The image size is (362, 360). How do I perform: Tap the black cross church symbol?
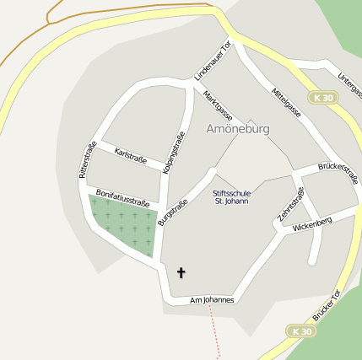click(x=181, y=272)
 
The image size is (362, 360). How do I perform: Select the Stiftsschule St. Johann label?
click(x=230, y=197)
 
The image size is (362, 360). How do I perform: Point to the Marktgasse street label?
click(x=218, y=105)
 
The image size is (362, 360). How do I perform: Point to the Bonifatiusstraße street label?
click(x=123, y=198)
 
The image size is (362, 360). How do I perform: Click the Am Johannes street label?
click(x=212, y=299)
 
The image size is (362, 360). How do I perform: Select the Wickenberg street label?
click(x=312, y=224)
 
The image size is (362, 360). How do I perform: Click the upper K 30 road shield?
click(x=321, y=97)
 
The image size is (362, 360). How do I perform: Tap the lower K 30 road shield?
click(x=300, y=331)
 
